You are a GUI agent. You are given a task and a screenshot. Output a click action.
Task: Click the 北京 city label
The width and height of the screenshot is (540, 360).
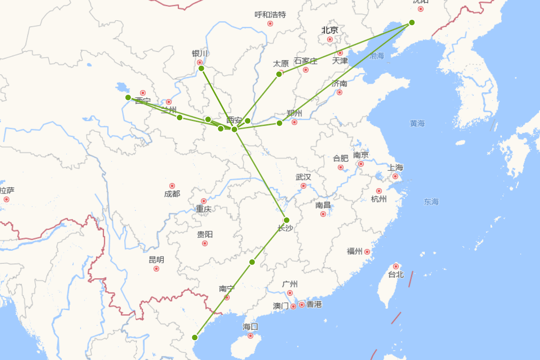click(x=329, y=30)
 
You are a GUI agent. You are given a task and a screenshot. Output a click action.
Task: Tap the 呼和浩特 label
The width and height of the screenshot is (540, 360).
click(x=270, y=14)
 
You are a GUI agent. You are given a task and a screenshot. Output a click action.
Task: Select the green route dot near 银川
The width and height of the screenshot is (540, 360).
click(x=201, y=68)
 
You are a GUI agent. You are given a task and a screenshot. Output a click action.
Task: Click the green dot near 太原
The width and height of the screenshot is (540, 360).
click(x=279, y=74)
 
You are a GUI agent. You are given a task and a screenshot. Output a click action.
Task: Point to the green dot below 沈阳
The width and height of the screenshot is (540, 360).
click(x=412, y=22)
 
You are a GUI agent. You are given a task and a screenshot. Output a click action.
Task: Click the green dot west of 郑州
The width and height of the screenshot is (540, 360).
click(x=279, y=123)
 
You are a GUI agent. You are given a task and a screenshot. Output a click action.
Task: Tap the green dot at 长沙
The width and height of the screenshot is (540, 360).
click(x=287, y=220)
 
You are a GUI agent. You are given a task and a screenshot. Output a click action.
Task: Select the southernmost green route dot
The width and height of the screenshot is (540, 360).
click(x=195, y=337)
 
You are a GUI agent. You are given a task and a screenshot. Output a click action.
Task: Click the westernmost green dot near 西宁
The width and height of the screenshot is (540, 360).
click(x=128, y=97)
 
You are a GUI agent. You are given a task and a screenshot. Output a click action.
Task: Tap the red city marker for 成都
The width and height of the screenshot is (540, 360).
click(x=172, y=186)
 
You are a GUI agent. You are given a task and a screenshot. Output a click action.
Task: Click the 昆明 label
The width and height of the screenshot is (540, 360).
click(x=156, y=260)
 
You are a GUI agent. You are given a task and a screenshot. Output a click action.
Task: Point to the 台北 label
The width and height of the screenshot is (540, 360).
click(x=396, y=274)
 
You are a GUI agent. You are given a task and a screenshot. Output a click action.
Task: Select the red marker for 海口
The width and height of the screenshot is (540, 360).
click(x=251, y=336)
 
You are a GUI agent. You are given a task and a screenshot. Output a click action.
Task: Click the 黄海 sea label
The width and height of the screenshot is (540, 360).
click(x=417, y=123)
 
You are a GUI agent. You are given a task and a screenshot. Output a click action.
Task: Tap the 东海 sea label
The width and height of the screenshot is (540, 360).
click(x=431, y=202)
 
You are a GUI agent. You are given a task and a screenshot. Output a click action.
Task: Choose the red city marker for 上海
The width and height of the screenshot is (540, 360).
click(x=395, y=176)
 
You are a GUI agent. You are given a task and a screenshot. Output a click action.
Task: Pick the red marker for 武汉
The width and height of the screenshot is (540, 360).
click(x=303, y=186)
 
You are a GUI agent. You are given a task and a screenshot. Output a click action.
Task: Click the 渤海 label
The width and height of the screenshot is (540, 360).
click(x=377, y=56)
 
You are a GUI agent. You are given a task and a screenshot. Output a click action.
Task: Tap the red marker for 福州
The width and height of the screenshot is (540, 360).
click(x=367, y=252)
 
